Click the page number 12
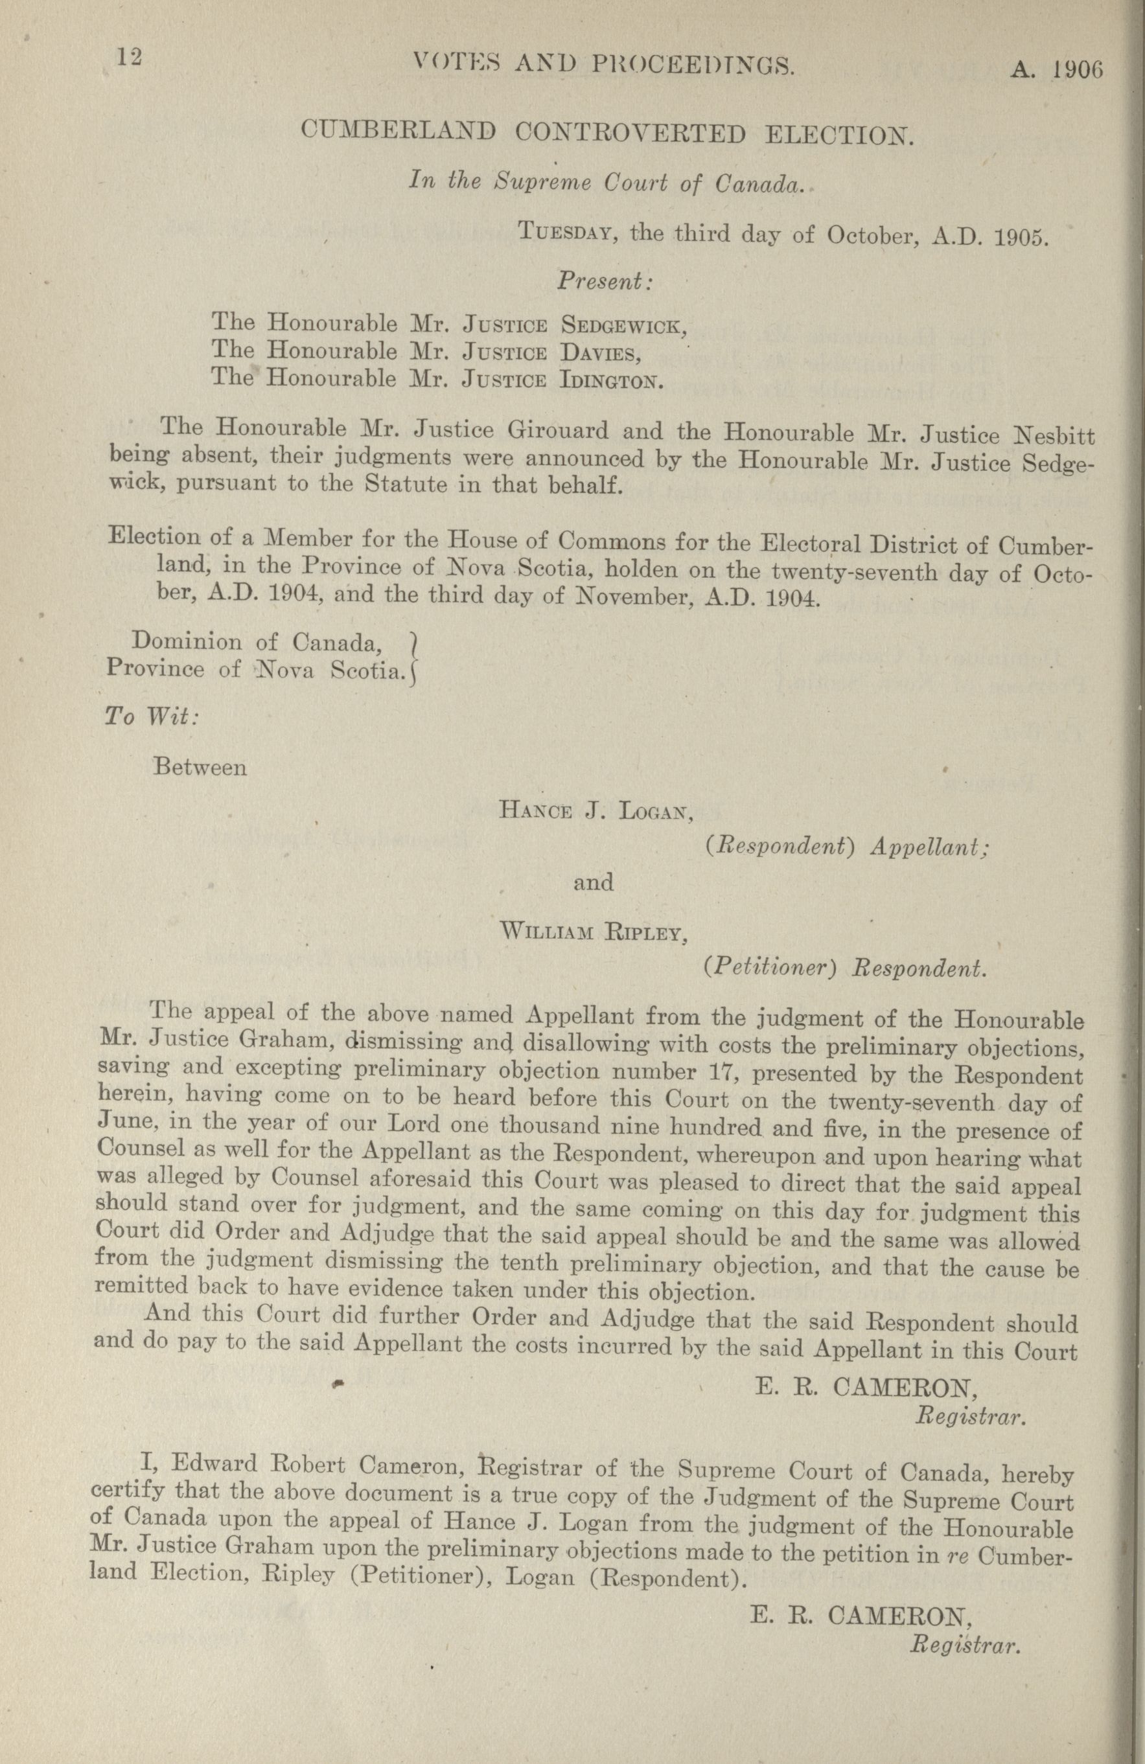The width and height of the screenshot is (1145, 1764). (128, 58)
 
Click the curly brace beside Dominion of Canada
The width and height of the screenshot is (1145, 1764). (414, 657)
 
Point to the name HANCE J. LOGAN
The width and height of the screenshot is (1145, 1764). (597, 812)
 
